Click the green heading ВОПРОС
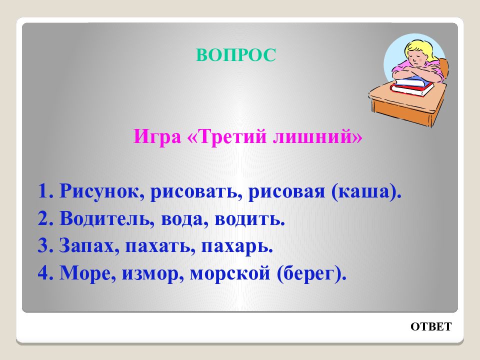[235, 55]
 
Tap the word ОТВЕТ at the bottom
[430, 326]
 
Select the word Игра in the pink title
[157, 136]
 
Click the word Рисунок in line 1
[100, 191]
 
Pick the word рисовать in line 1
[194, 191]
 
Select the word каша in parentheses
[364, 192]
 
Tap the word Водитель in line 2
[104, 218]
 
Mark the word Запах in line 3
[86, 246]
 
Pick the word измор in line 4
[149, 273]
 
